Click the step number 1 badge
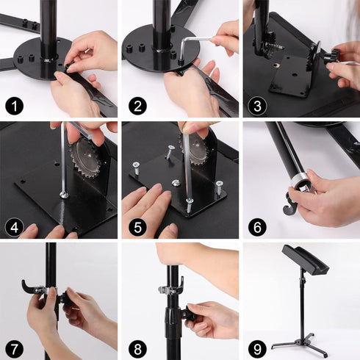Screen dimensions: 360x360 14,104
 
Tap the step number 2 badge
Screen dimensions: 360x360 134,104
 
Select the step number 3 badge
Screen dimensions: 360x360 255,104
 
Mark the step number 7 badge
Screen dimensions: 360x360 14,346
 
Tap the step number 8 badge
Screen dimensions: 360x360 134,346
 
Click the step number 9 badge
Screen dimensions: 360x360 255,346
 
